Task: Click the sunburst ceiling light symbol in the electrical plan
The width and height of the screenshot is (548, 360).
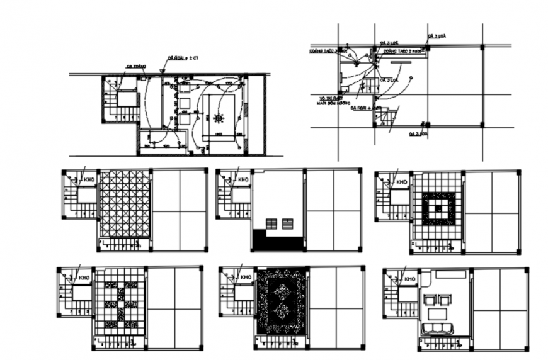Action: pyautogui.click(x=219, y=118)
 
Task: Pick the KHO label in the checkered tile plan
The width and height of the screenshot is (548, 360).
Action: pyautogui.click(x=83, y=278)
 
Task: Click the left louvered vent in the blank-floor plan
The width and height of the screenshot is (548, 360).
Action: pyautogui.click(x=271, y=224)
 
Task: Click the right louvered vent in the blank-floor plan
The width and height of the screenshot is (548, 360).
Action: pyautogui.click(x=287, y=224)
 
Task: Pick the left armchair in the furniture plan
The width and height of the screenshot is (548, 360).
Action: pyautogui.click(x=430, y=300)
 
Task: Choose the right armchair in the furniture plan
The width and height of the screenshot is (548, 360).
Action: pyautogui.click(x=447, y=300)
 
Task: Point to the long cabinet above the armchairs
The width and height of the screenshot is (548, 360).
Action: pyautogui.click(x=449, y=275)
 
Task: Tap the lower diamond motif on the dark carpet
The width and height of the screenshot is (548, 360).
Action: pyautogui.click(x=281, y=311)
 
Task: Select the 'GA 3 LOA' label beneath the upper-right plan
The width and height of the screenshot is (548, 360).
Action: pyautogui.click(x=418, y=134)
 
